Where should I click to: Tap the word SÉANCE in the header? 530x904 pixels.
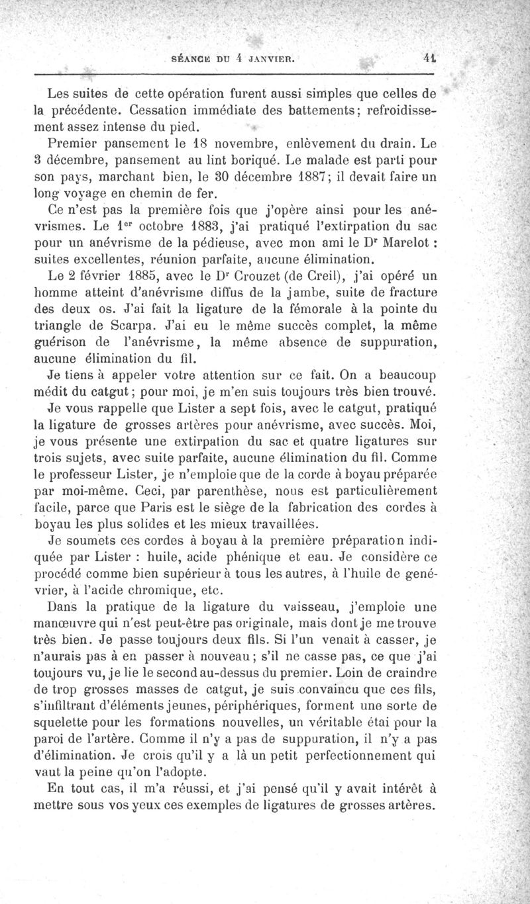tap(193, 58)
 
